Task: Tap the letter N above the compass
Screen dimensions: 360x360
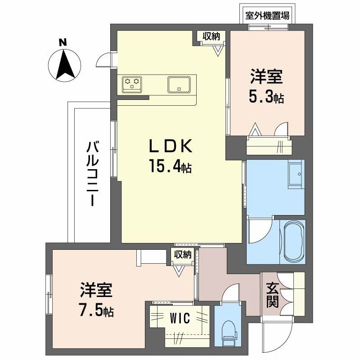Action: (x=63, y=43)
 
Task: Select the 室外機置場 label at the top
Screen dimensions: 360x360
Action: (x=267, y=15)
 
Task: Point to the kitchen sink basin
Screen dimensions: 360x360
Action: (x=180, y=84)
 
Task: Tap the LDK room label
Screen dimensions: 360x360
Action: (x=171, y=147)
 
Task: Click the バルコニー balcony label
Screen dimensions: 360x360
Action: (x=93, y=173)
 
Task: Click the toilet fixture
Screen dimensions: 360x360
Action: (x=229, y=332)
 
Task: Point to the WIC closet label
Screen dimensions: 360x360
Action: (x=180, y=318)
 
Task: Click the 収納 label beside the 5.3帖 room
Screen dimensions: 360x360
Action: (x=212, y=37)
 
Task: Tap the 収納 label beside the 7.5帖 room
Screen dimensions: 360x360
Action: (x=183, y=255)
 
